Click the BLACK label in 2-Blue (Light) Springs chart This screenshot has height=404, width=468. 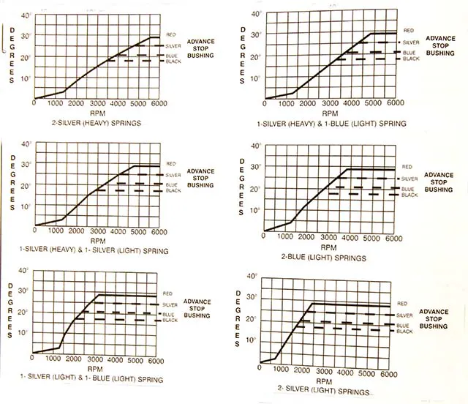(409, 195)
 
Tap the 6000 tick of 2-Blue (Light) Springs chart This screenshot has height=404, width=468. (393, 239)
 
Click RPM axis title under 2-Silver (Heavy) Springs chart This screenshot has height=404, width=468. (97, 113)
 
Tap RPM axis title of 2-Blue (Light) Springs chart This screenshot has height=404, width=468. (328, 248)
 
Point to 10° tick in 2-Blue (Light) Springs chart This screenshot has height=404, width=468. (255, 210)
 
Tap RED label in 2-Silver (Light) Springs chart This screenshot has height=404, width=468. (403, 303)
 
